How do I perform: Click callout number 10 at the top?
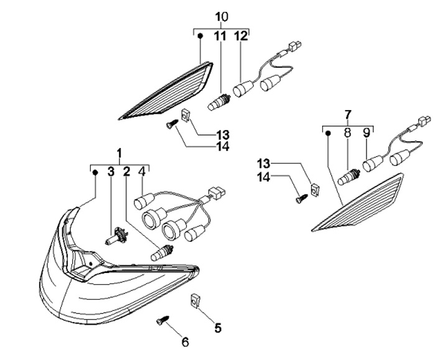pos(222,15)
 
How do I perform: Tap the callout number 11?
pos(220,36)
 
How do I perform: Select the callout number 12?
pos(241,36)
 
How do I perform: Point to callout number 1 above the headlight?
pos(120,152)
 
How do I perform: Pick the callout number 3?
pos(111,171)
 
